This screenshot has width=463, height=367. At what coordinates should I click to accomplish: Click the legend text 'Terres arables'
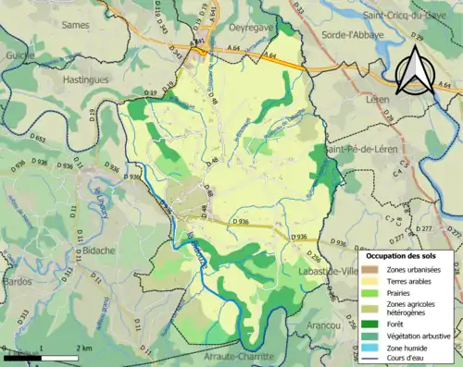413,281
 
